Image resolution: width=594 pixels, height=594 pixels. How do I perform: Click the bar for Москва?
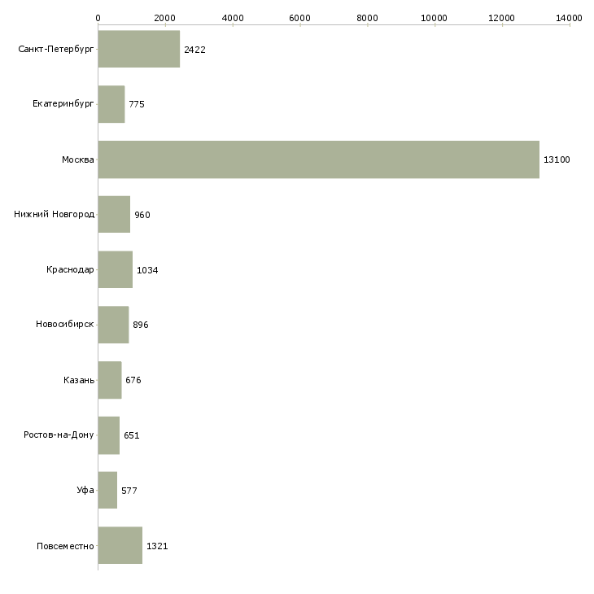coord(318,159)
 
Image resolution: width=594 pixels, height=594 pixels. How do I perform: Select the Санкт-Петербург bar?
coord(138,50)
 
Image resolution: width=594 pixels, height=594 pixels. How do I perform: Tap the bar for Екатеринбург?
coord(111,104)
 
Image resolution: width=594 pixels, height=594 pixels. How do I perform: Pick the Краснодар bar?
coord(115,269)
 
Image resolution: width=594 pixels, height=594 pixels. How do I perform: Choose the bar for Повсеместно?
coord(120,545)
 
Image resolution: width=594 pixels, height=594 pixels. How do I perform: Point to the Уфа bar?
coord(107,490)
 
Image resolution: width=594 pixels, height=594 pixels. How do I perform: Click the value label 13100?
coord(557,159)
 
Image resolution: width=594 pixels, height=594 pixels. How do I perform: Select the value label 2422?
coord(194,50)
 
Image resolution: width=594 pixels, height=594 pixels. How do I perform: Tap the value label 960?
coord(142,215)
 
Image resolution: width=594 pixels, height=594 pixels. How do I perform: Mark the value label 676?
coord(133,380)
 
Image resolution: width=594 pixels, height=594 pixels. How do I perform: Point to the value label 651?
coord(132,435)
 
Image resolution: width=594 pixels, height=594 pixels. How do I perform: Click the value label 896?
coord(141,325)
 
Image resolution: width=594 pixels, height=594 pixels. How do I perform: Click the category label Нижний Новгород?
coord(54,215)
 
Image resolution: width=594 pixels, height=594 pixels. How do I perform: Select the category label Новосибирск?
coord(65,325)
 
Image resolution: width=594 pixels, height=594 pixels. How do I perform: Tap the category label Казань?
coord(79,380)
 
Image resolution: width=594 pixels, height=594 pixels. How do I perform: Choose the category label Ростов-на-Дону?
coord(59,435)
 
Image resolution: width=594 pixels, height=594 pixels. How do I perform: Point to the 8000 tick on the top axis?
coord(368,17)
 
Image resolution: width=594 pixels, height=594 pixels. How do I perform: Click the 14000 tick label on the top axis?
coord(570,17)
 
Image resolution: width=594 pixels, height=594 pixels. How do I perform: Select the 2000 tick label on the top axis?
coord(165,17)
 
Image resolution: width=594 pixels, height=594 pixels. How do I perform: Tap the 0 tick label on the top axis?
coord(98,17)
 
